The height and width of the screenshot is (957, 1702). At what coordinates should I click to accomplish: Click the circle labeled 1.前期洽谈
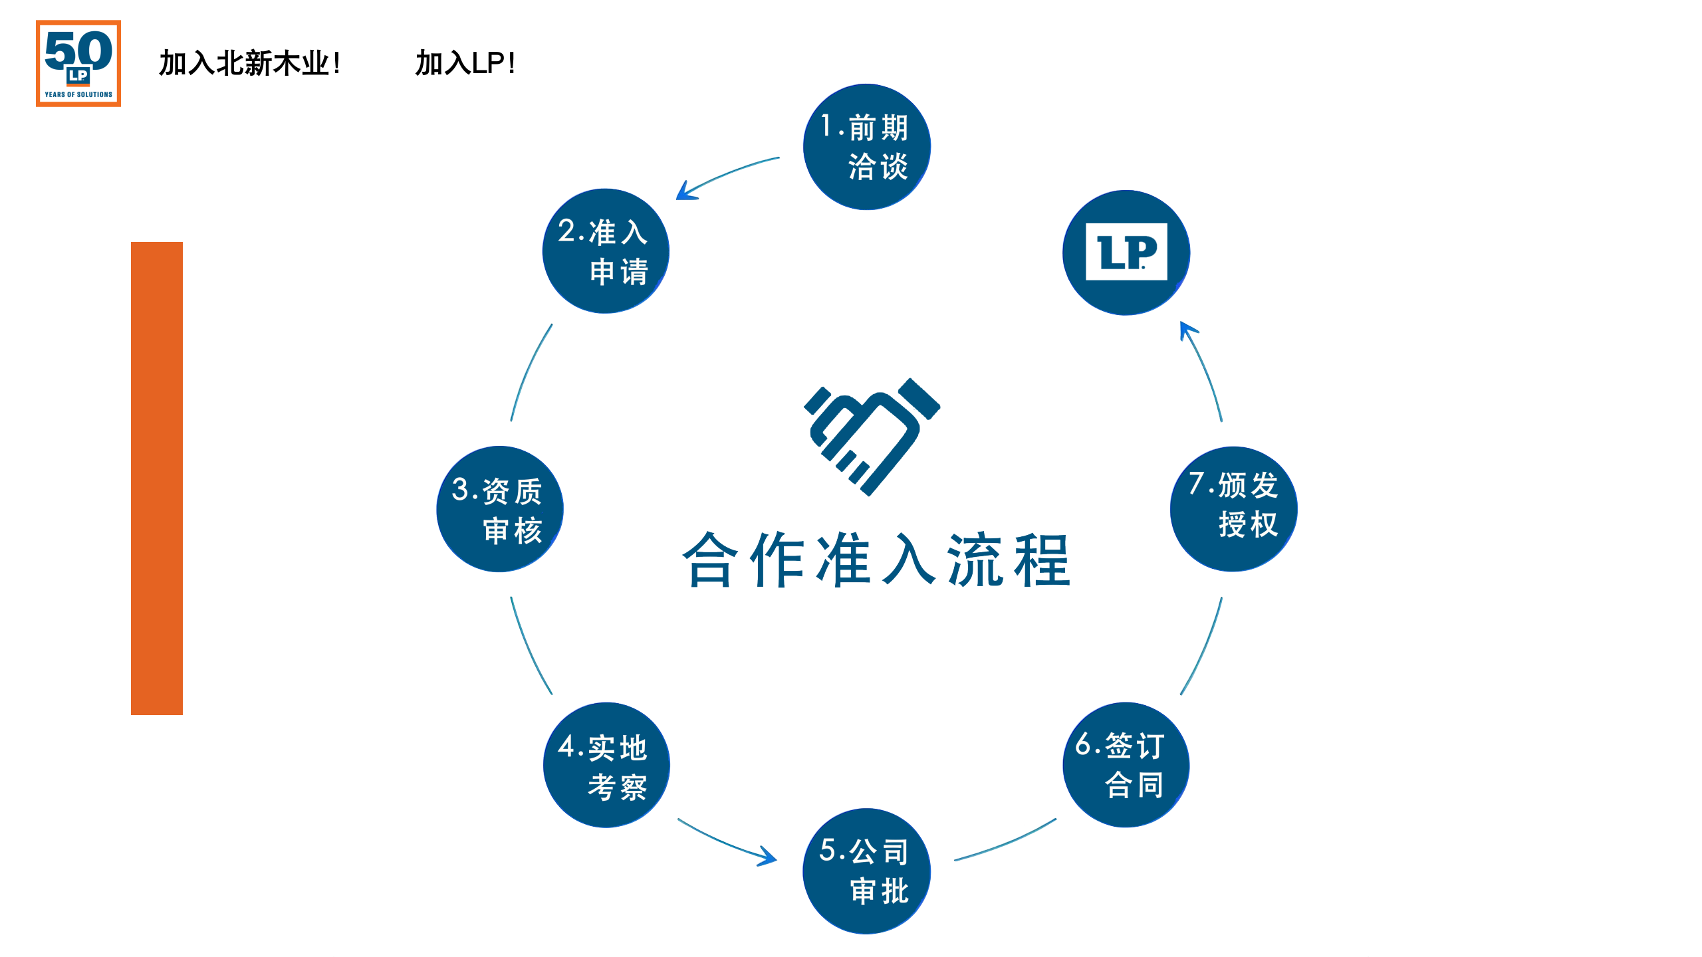pos(866,147)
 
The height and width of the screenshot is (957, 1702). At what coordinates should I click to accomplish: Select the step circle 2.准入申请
pos(606,251)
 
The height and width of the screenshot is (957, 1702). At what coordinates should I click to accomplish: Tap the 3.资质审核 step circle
pos(500,509)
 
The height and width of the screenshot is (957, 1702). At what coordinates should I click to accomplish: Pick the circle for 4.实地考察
pos(606,765)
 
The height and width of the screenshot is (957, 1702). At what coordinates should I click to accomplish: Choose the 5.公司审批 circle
pos(866,871)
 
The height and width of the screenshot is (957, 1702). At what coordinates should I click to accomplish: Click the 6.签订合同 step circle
pos(1126,765)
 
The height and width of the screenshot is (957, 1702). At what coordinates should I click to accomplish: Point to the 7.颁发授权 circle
pos(1233,509)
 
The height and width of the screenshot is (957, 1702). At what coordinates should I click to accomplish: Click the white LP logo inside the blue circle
pos(1126,252)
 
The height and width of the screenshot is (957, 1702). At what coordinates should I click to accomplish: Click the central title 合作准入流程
pos(876,560)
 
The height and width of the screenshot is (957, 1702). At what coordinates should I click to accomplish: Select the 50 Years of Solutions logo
pos(78,63)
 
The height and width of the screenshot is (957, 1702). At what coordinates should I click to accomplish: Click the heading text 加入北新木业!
pos(249,64)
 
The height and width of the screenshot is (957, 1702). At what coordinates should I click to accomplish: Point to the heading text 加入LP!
pos(465,64)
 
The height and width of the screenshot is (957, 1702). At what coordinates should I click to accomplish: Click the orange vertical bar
pos(157,478)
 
